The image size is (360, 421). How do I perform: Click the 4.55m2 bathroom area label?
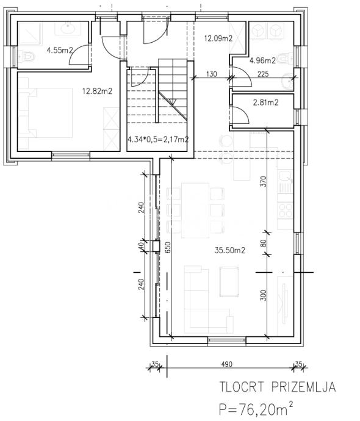pyautogui.click(x=60, y=50)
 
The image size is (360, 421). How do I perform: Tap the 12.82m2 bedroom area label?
pyautogui.click(x=97, y=92)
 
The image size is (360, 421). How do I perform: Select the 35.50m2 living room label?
pyautogui.click(x=230, y=251)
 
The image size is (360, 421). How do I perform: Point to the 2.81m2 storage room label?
pyautogui.click(x=265, y=103)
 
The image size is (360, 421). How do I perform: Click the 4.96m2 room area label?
pyautogui.click(x=262, y=60)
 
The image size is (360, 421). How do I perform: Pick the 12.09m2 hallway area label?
pyautogui.click(x=218, y=38)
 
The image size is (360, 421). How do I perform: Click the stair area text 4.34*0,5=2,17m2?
pyautogui.click(x=158, y=139)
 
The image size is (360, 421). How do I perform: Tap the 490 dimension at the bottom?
pyautogui.click(x=227, y=364)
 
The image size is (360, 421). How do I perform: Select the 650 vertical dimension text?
pyautogui.click(x=168, y=247)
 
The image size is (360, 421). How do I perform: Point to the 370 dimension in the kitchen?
pyautogui.click(x=264, y=181)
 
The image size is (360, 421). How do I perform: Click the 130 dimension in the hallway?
pyautogui.click(x=212, y=74)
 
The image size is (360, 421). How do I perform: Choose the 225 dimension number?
pyautogui.click(x=263, y=74)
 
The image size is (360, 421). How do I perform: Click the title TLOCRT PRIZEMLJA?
pyautogui.click(x=278, y=387)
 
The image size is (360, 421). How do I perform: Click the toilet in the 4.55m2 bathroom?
pyautogui.click(x=27, y=57)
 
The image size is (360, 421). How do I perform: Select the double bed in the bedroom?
pyautogui.click(x=45, y=113)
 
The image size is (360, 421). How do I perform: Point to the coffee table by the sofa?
pyautogui.click(x=229, y=282)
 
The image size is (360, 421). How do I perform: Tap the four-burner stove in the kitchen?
pyautogui.click(x=286, y=210)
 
